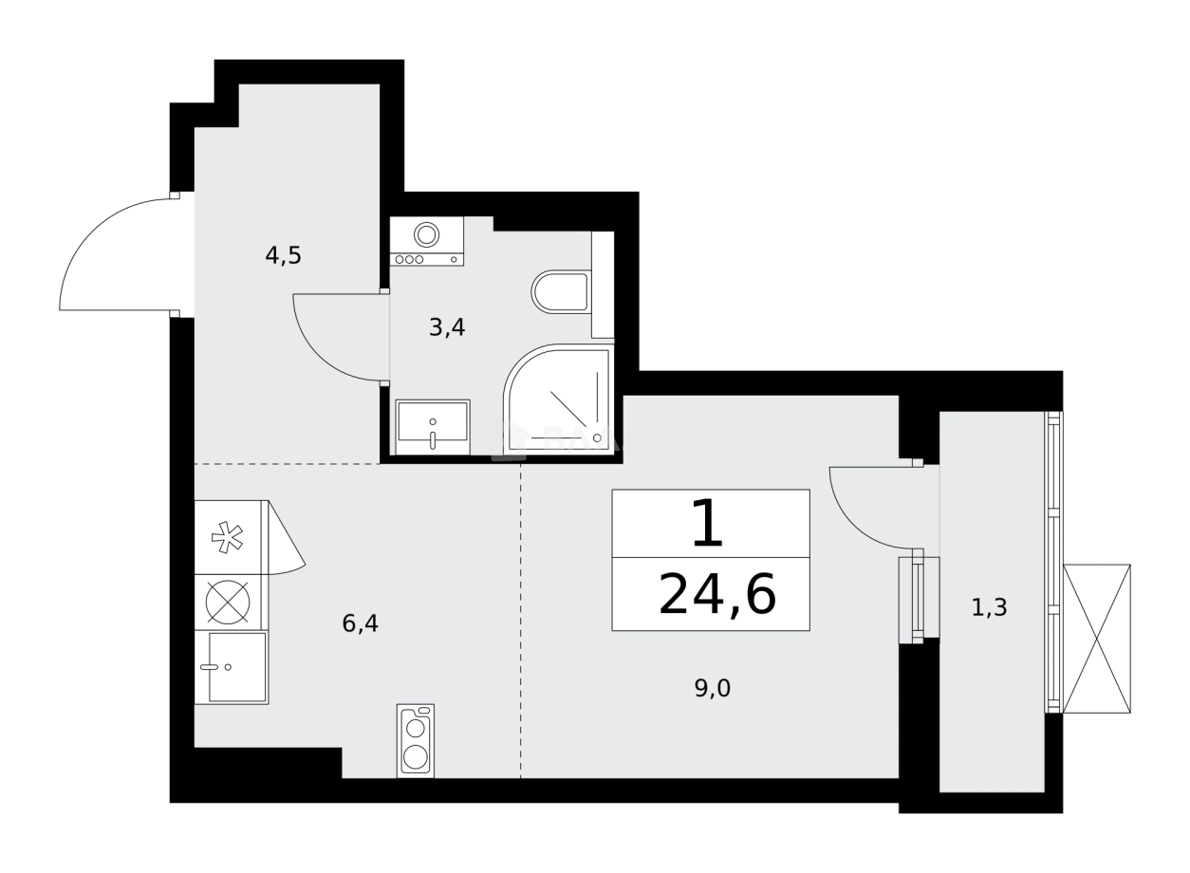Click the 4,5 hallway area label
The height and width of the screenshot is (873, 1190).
(283, 255)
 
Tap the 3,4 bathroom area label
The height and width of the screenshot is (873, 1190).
(447, 327)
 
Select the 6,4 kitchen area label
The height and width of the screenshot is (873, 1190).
(361, 623)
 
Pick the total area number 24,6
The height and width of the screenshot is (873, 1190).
(716, 596)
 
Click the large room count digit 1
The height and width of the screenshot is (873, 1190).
(707, 525)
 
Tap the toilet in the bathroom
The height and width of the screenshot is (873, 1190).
(562, 292)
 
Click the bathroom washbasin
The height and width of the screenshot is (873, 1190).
(433, 423)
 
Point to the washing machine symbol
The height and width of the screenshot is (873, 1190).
(427, 241)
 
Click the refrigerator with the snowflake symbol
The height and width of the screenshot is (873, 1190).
(229, 537)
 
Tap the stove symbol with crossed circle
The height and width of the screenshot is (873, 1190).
(229, 602)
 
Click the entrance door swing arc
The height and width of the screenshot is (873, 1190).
(104, 247)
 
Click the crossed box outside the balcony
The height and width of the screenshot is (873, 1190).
(1097, 637)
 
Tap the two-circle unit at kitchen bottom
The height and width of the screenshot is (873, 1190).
(416, 741)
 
